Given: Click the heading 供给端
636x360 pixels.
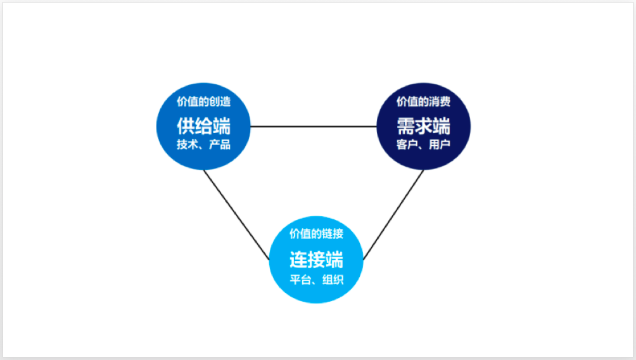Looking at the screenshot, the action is click(203, 126).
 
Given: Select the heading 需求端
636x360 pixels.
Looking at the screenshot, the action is click(423, 126).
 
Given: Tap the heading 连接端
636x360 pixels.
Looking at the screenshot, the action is click(316, 259).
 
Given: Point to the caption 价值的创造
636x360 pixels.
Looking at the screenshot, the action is click(203, 101).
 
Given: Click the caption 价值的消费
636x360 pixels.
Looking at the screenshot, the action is click(423, 101).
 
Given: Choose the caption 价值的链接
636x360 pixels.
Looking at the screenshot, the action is click(316, 233).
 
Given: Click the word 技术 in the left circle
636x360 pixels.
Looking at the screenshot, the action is click(188, 144).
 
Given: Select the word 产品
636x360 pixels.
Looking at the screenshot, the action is click(220, 144).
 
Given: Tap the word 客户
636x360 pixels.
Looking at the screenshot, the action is click(407, 144).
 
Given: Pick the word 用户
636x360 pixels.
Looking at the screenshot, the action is click(440, 144).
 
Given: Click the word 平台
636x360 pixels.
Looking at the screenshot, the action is click(300, 280).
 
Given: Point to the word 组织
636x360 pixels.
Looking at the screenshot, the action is click(333, 280).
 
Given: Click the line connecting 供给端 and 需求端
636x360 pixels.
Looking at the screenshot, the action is click(314, 127).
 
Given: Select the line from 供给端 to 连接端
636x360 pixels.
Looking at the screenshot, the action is click(236, 215).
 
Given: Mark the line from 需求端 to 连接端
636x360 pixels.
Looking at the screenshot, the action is click(393, 215).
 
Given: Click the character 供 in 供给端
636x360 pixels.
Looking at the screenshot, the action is click(186, 126).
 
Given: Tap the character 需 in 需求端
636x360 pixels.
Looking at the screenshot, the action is click(405, 126).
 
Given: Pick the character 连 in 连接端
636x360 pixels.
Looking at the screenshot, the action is click(298, 259).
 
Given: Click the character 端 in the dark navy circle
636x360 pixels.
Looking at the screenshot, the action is click(442, 126).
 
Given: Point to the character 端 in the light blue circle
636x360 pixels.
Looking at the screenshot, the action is click(334, 259).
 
